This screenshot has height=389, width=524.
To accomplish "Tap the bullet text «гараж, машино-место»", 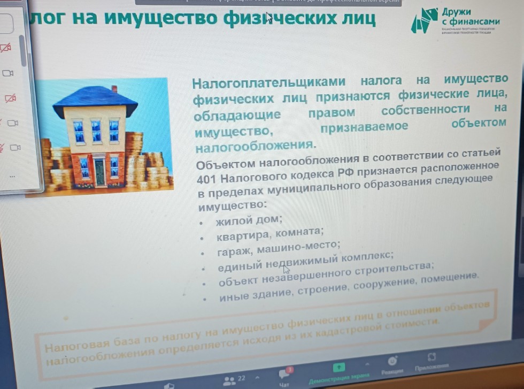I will pyautogui.click(x=278, y=248).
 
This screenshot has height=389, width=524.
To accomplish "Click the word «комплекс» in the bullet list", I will pyautogui.click(x=369, y=257).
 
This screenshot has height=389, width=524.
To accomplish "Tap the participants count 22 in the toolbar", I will pyautogui.click(x=241, y=378).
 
